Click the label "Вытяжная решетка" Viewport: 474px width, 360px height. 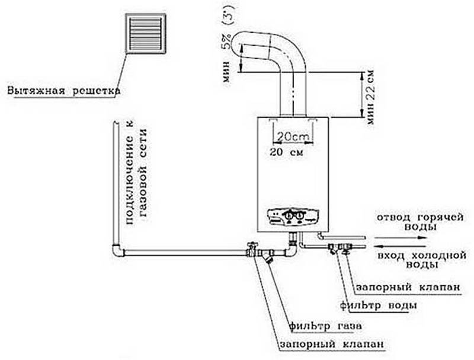[63, 91]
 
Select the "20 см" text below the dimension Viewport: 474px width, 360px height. [286, 152]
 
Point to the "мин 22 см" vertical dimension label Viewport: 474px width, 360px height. [370, 97]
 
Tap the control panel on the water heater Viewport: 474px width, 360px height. [293, 217]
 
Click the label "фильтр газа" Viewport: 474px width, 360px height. [325, 326]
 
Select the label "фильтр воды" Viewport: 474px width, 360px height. [378, 305]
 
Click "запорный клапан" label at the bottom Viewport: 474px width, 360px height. [332, 344]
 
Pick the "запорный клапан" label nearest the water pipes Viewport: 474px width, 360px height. [408, 287]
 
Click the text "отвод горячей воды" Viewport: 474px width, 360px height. [420, 222]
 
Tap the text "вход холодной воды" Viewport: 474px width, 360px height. [422, 260]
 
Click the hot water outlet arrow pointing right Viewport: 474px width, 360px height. [401, 238]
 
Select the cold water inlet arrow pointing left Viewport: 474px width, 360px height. [401, 246]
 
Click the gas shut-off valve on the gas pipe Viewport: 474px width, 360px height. [251, 249]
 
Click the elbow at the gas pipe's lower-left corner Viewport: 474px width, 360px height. [117, 250]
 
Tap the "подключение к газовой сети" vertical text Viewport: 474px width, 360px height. [137, 177]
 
